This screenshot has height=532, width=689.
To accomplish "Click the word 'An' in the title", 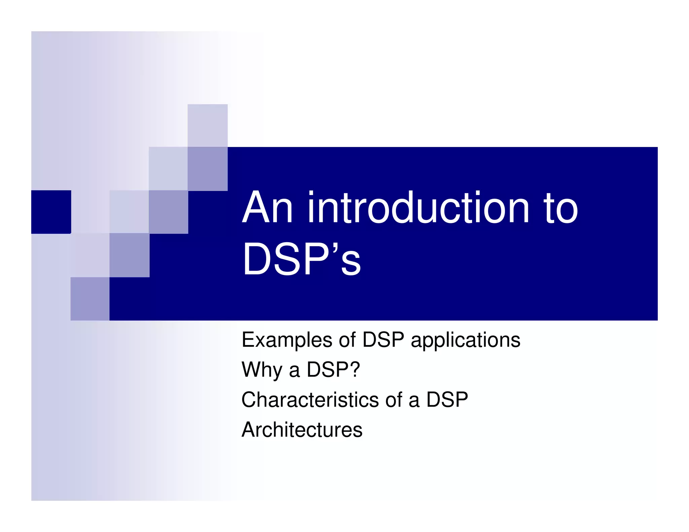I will coord(267,208).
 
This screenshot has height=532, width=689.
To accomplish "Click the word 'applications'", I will coord(466,340).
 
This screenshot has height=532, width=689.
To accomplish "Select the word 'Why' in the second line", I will coord(262,370).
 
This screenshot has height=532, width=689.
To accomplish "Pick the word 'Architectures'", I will coord(302,430).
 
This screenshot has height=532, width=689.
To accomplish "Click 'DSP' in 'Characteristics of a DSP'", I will coord(447,400).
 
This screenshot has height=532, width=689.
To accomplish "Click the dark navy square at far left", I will coord(51,212).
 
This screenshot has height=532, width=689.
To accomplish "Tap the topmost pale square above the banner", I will coord(207,125).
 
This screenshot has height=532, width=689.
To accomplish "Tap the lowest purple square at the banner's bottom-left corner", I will coord(90,299).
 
